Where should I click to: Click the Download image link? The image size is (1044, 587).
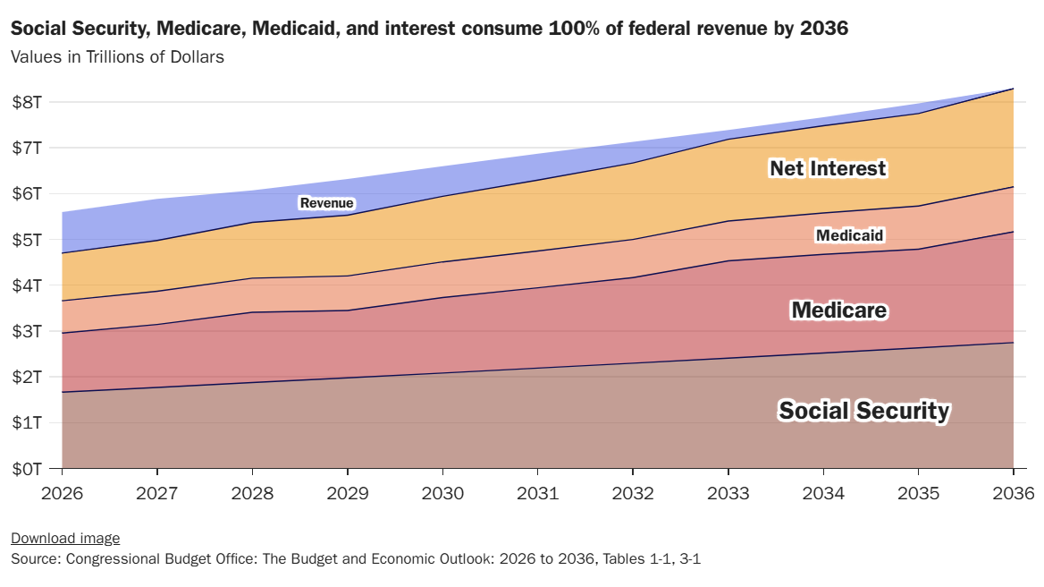(x=64, y=538)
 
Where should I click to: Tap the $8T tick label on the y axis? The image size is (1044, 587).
(x=27, y=102)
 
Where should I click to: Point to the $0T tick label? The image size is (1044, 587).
(x=27, y=468)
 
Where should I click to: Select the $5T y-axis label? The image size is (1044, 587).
(x=27, y=240)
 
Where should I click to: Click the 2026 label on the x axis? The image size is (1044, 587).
(x=63, y=493)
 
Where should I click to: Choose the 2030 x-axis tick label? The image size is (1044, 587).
(x=442, y=493)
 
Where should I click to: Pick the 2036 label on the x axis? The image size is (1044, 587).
(x=1012, y=493)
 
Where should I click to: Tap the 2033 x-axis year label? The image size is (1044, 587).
(x=728, y=493)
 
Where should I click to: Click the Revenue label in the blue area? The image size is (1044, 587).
(x=326, y=203)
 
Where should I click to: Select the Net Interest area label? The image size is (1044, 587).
(x=828, y=168)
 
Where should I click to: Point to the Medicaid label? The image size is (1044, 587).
(x=849, y=235)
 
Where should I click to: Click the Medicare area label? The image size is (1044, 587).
(x=839, y=311)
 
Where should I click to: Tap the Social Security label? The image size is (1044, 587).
(x=863, y=411)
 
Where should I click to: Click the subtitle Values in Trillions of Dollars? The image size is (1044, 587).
(x=117, y=57)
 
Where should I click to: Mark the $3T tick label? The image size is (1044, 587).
(x=27, y=331)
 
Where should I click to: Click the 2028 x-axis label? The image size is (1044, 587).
(x=252, y=493)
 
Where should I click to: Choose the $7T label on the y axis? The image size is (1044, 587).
(x=27, y=148)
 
